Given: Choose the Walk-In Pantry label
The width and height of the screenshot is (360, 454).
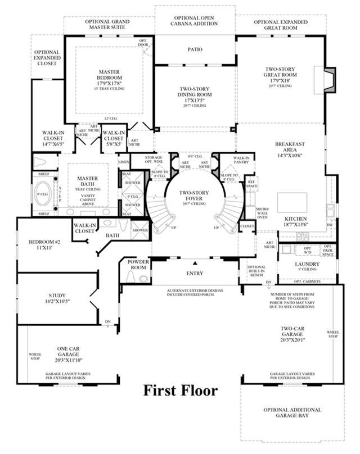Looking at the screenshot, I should [242, 161].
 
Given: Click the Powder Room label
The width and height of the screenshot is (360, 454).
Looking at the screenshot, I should [137, 265].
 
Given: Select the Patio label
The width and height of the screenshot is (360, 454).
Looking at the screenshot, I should [195, 49].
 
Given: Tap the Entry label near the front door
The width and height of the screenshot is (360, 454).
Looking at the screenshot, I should [195, 274].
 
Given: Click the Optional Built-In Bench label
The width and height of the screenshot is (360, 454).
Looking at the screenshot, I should [256, 271].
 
